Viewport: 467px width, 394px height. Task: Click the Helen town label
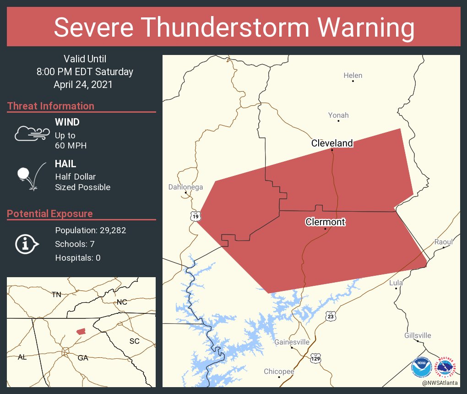pyautogui.click(x=353, y=76)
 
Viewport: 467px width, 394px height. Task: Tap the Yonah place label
pyautogui.click(x=338, y=115)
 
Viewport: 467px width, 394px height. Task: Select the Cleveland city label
pyautogui.click(x=332, y=143)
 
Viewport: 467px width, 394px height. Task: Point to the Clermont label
pyautogui.click(x=325, y=222)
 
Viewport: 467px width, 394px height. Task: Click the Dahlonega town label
pyautogui.click(x=185, y=187)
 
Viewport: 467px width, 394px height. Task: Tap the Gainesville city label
pyautogui.click(x=292, y=342)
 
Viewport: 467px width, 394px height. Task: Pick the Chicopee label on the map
pyautogui.click(x=279, y=372)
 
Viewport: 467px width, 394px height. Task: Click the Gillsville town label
pyautogui.click(x=418, y=336)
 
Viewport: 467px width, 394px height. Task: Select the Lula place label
pyautogui.click(x=396, y=283)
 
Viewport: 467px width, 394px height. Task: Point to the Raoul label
pyautogui.click(x=443, y=242)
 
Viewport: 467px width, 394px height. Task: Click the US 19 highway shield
pyautogui.click(x=196, y=216)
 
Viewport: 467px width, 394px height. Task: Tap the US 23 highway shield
pyautogui.click(x=331, y=316)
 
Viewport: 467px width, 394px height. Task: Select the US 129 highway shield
pyautogui.click(x=315, y=357)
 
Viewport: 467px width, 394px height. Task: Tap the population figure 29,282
pyautogui.click(x=110, y=230)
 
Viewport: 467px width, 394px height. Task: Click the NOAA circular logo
pyautogui.click(x=421, y=367)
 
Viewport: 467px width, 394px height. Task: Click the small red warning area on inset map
pyautogui.click(x=81, y=331)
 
